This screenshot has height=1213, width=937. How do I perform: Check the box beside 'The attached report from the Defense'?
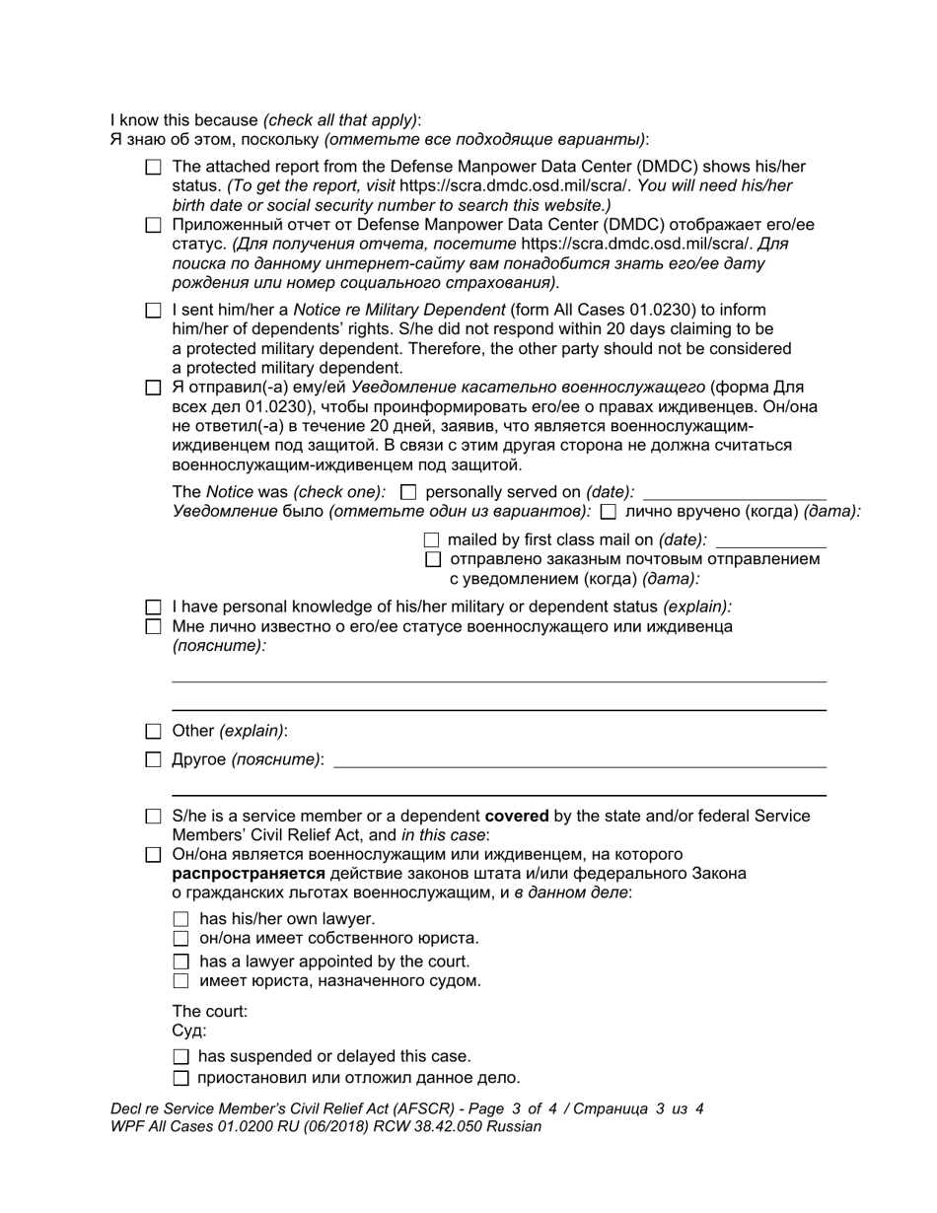pyautogui.click(x=153, y=168)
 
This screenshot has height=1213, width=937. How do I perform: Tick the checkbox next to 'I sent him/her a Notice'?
pyautogui.click(x=153, y=311)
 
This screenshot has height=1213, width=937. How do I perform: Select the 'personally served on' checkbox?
pyautogui.click(x=409, y=492)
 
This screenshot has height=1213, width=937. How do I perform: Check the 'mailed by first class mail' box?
pyautogui.click(x=431, y=540)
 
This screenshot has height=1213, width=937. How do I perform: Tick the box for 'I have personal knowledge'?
pyautogui.click(x=153, y=607)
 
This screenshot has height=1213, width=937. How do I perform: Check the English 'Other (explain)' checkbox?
pyautogui.click(x=153, y=732)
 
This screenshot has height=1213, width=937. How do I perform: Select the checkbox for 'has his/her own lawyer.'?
pyautogui.click(x=180, y=919)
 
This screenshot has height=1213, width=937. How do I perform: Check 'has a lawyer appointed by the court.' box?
pyautogui.click(x=180, y=962)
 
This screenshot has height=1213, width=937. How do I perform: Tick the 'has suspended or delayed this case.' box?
pyautogui.click(x=180, y=1057)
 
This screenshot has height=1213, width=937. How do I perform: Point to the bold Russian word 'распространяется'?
pyautogui.click(x=248, y=874)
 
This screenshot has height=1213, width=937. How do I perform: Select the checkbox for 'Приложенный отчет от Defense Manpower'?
pyautogui.click(x=153, y=225)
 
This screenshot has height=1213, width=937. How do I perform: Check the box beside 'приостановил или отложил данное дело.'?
pyautogui.click(x=180, y=1078)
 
